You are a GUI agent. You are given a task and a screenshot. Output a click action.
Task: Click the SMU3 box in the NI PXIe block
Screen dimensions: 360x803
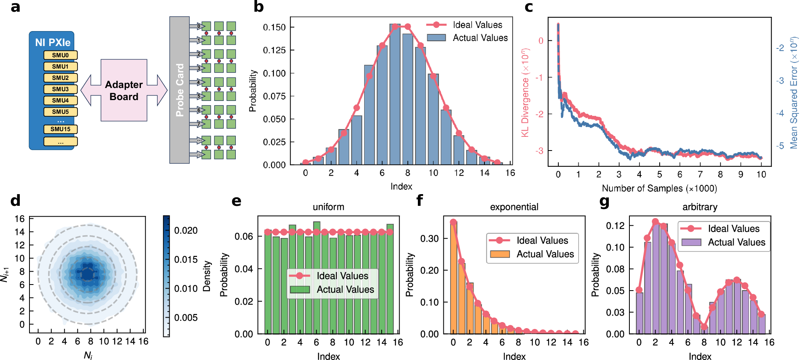[60, 89]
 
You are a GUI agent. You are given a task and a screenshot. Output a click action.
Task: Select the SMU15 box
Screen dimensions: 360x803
[60, 129]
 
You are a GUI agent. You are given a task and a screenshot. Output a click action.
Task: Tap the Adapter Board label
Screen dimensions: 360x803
[124, 90]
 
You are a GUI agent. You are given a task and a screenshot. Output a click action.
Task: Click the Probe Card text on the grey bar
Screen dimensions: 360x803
[180, 90]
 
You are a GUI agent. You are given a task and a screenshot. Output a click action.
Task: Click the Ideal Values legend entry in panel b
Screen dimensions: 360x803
[477, 25]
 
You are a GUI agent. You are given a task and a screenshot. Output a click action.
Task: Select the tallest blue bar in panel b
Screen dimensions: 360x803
[395, 94]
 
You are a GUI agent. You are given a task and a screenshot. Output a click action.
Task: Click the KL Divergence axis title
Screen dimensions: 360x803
[525, 93]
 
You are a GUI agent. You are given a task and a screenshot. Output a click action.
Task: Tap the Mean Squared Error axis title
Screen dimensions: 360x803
[794, 93]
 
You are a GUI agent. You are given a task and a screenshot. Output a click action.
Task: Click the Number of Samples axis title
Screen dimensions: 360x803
[659, 188]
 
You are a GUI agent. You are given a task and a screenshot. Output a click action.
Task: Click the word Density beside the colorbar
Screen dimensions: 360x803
[207, 276]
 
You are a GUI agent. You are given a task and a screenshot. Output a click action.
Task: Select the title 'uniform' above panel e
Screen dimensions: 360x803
[328, 207]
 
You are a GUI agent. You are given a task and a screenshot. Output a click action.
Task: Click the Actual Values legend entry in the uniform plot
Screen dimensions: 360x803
[345, 289]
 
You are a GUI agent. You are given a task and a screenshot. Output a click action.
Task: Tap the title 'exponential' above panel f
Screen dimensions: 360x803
[514, 207]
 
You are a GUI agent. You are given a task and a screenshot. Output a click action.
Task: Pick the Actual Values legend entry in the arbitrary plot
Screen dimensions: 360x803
[736, 242]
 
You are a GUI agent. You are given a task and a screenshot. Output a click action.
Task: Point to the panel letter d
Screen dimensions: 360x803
[15, 201]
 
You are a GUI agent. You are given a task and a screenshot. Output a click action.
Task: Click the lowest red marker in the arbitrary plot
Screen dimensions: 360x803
[704, 327]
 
